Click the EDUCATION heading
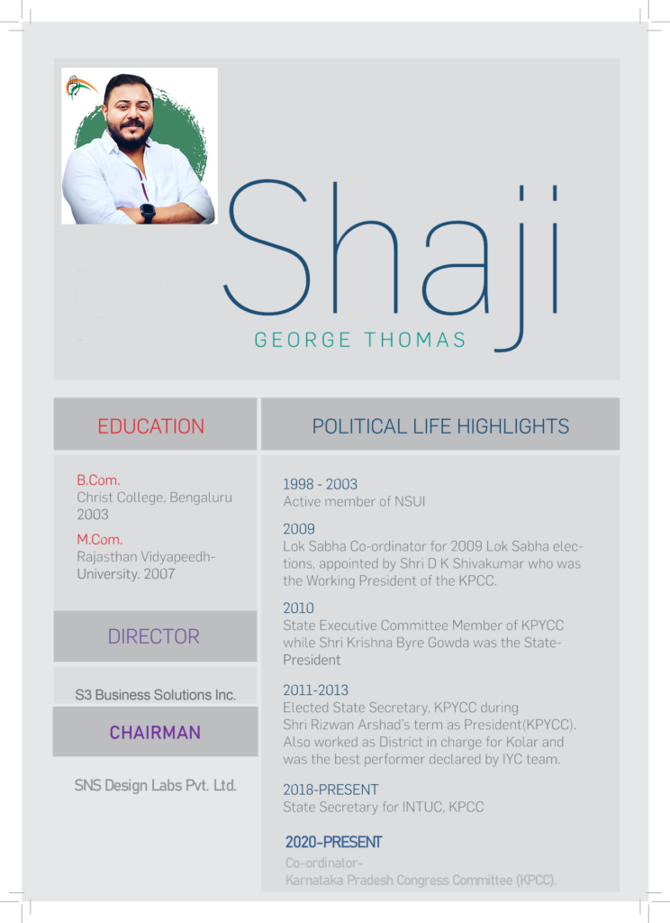coord(151,426)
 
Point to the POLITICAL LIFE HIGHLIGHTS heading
coord(440,426)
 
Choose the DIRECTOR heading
coord(154,636)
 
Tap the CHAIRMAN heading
coord(155,733)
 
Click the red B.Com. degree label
coord(98,480)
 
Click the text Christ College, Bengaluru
coord(155,498)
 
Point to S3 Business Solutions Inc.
coord(156,695)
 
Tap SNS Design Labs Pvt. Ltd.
coord(156,786)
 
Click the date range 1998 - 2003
coord(320,484)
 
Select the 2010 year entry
coord(299,608)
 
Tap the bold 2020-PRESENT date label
coord(334,843)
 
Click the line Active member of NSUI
coord(354,501)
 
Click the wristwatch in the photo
coord(148,213)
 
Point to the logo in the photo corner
coord(81,87)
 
